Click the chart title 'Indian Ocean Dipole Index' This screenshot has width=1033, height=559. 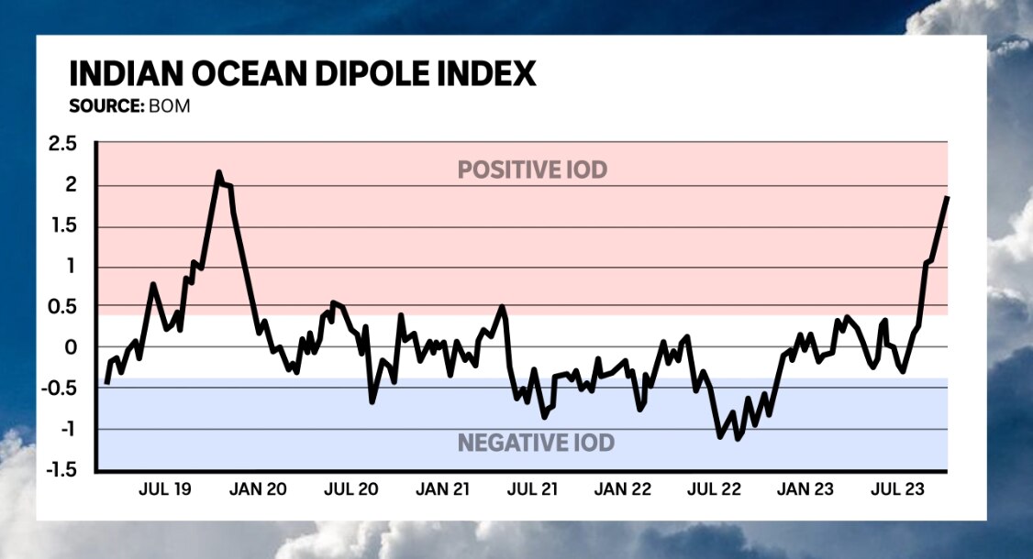tap(303, 73)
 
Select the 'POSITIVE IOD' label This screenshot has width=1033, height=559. tap(532, 170)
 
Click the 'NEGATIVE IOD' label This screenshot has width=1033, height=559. tap(536, 444)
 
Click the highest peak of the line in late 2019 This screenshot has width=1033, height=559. tap(218, 172)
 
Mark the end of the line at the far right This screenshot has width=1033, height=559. tap(947, 197)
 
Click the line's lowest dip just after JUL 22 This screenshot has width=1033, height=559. tap(738, 439)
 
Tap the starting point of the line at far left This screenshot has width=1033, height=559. tap(106, 382)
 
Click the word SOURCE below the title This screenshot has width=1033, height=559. tap(105, 105)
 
